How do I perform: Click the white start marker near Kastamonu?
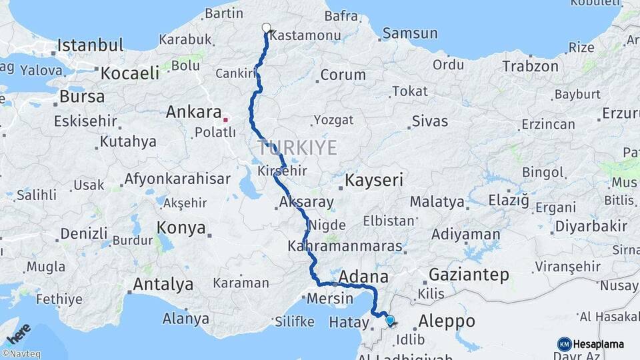pyautogui.click(x=267, y=28)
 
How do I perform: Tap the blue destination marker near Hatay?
pyautogui.click(x=390, y=321)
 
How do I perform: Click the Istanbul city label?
pyautogui.click(x=90, y=46)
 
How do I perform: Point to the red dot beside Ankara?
pyautogui.click(x=225, y=120)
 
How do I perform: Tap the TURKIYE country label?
pyautogui.click(x=297, y=147)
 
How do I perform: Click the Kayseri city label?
pyautogui.click(x=374, y=180)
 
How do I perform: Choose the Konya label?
pyautogui.click(x=181, y=228)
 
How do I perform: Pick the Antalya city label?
pyautogui.click(x=163, y=285)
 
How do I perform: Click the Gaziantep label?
pyautogui.click(x=469, y=274)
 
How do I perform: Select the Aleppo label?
pyautogui.click(x=447, y=321)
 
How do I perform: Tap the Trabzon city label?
pyautogui.click(x=530, y=66)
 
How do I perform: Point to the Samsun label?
pyautogui.click(x=410, y=33)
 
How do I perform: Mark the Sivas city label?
pyautogui.click(x=429, y=121)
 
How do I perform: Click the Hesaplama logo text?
pyautogui.click(x=599, y=344)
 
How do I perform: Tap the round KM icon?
pyautogui.click(x=564, y=344)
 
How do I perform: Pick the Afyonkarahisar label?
pyautogui.click(x=177, y=179)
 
